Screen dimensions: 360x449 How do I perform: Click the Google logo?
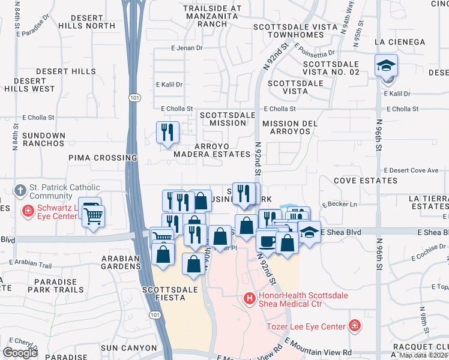pos(20,352)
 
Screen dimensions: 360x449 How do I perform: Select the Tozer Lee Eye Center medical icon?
pos(355,326)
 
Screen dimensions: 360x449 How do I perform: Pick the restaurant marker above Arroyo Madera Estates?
pos(167,133)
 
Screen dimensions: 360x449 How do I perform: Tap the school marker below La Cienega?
pos(386,66)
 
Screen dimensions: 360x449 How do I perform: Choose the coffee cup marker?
pos(267,240)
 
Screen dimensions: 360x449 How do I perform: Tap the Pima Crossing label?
pos(103,158)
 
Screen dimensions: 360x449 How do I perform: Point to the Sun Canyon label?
pos(123,347)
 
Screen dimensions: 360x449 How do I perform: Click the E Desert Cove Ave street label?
pos(411,170)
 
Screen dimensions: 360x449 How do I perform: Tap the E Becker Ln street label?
pos(339,205)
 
